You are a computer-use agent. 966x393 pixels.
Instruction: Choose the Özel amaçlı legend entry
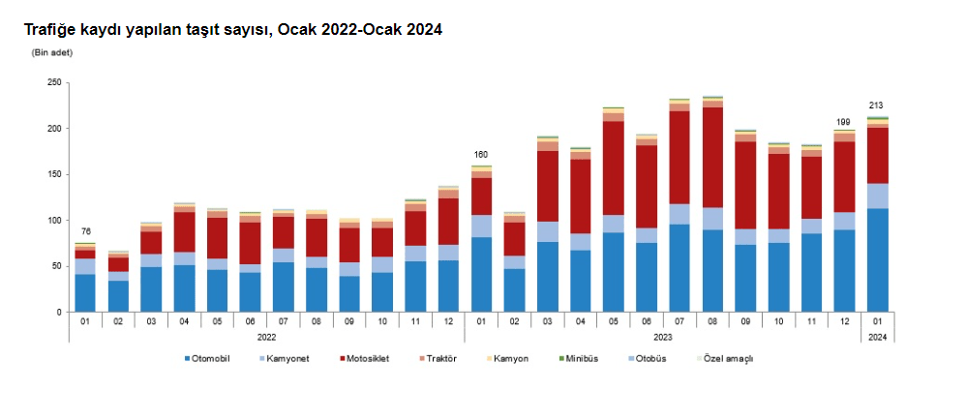click(x=728, y=359)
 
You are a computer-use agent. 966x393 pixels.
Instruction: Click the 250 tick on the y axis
click(x=54, y=83)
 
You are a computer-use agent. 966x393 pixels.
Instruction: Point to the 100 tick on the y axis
click(x=54, y=221)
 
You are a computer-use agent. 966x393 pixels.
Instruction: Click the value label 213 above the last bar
click(x=876, y=106)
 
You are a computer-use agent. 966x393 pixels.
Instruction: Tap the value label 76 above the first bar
click(x=85, y=231)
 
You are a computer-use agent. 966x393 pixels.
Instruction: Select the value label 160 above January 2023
click(x=481, y=155)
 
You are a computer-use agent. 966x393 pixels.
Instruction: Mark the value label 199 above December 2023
click(x=843, y=122)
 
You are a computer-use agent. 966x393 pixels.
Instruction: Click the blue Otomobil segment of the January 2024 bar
click(x=877, y=259)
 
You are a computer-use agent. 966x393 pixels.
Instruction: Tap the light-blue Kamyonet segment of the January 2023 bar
click(x=481, y=226)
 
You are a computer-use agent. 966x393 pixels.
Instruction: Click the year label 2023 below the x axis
click(x=662, y=337)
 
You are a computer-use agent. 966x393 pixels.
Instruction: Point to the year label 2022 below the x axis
click(x=267, y=337)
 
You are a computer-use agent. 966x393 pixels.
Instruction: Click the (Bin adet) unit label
click(x=52, y=52)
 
